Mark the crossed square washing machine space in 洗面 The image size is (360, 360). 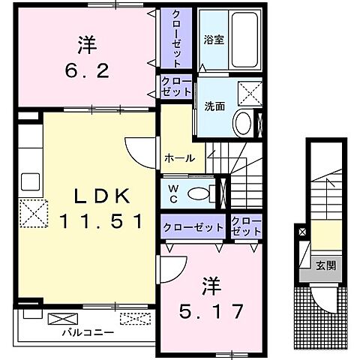click(x=247, y=94)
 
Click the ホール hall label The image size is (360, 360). click(x=179, y=158)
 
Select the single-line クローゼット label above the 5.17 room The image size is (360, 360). click(x=192, y=226)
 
